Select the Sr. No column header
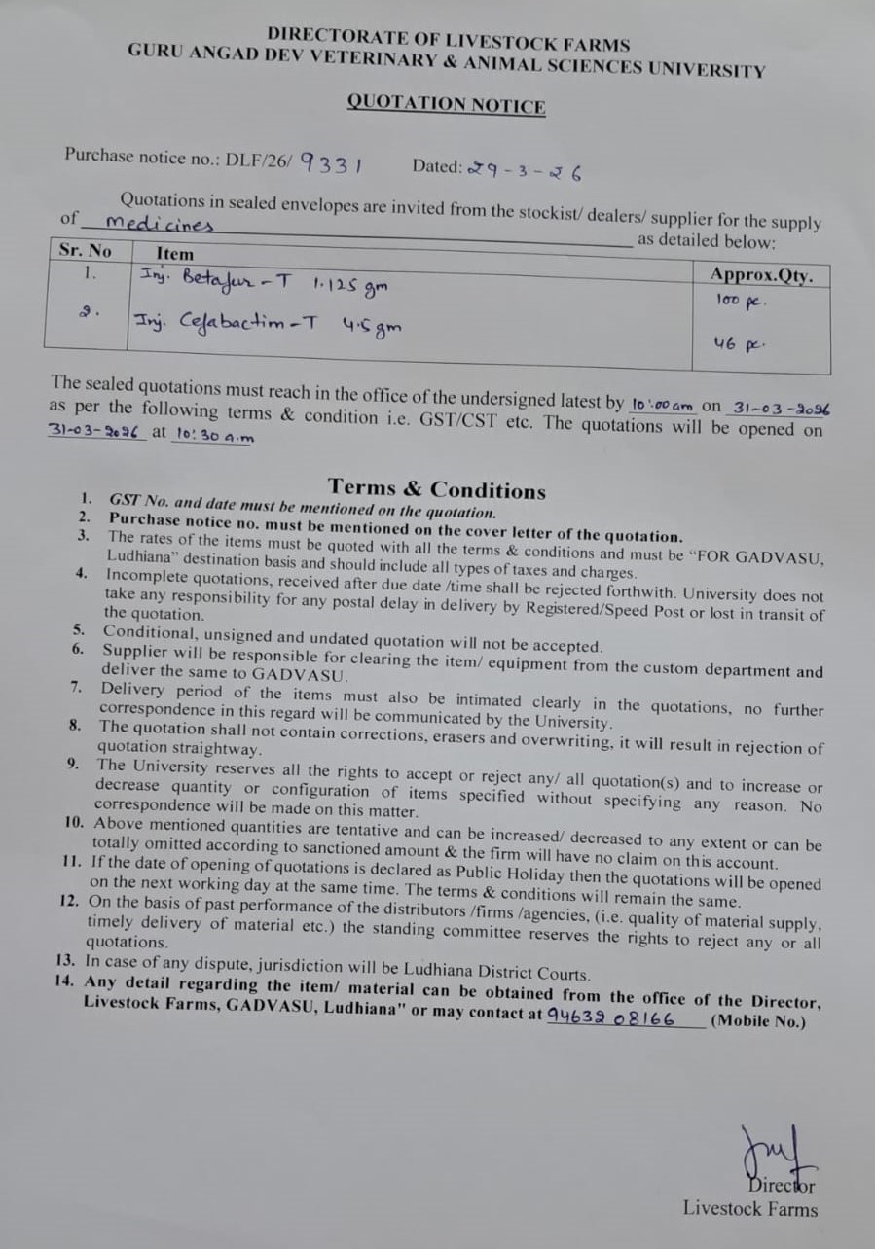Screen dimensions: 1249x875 click(86, 250)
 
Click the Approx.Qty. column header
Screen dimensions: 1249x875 click(761, 275)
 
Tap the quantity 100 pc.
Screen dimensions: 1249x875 click(742, 302)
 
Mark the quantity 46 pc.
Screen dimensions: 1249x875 click(742, 343)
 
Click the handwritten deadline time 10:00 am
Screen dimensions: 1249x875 click(662, 404)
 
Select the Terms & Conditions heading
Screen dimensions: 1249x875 click(437, 488)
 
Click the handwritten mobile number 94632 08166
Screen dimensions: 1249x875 click(610, 1017)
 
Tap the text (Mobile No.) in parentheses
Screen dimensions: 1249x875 click(758, 1021)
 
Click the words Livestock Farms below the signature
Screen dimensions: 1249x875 click(749, 1209)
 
